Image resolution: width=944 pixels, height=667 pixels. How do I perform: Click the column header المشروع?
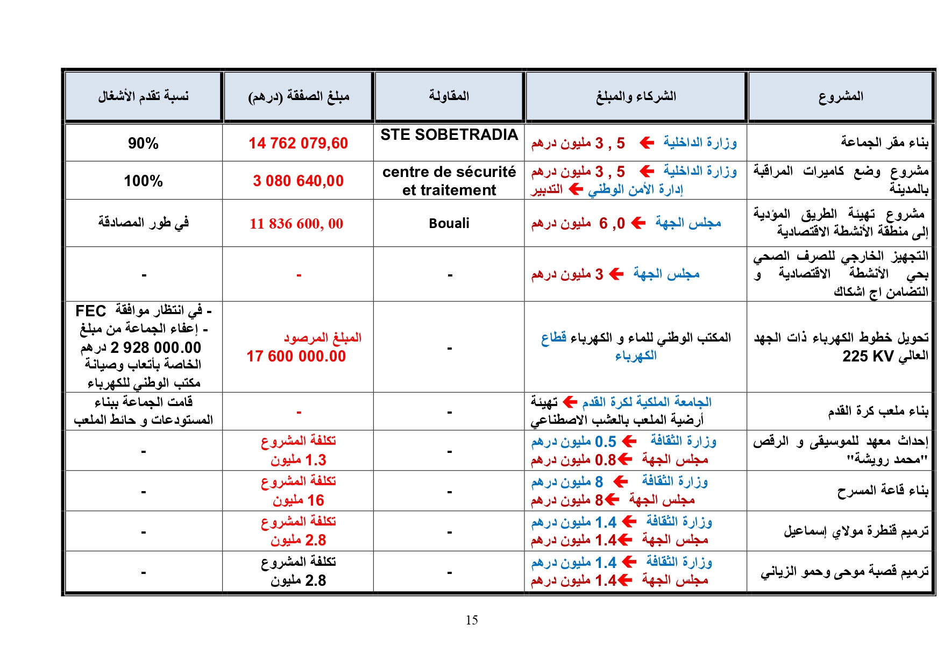coord(840,96)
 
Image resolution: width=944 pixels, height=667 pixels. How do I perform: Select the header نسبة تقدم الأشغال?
coord(143,96)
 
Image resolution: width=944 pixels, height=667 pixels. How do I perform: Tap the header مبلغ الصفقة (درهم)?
coord(299,96)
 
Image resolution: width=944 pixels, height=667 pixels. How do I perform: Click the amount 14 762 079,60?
coord(298,143)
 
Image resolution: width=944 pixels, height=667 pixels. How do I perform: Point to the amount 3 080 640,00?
coord(298,181)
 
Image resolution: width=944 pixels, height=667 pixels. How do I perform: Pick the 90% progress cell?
coord(143,143)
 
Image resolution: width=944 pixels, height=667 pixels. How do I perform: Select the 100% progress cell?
coord(143,181)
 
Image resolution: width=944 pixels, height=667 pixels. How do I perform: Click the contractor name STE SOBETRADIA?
coord(449,134)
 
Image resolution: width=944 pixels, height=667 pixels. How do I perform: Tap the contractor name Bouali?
coord(449,223)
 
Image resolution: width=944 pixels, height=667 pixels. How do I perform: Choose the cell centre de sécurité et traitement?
coord(449,181)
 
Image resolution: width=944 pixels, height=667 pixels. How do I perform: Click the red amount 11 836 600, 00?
coord(296,223)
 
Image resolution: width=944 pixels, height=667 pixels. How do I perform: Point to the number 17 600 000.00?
coord(296,356)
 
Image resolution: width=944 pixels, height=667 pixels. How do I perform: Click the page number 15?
coord(472,620)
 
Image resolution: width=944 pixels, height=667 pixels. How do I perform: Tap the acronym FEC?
coord(90,311)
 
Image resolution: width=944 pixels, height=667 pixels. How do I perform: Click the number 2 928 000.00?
coord(155,347)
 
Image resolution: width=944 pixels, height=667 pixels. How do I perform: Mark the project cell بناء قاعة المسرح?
coord(883,491)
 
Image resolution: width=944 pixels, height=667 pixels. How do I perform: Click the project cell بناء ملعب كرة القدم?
coord(878,411)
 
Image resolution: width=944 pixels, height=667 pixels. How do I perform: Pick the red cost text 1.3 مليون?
coord(299,460)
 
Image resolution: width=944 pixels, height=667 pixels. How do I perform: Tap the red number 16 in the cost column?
coord(315,500)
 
